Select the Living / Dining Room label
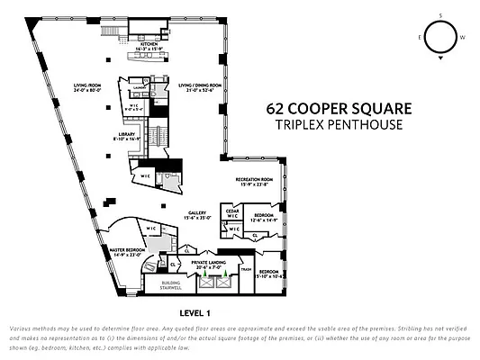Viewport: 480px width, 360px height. pyautogui.click(x=195, y=87)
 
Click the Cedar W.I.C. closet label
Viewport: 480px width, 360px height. pyautogui.click(x=231, y=213)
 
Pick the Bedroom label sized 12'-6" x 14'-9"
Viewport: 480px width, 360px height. pyautogui.click(x=264, y=218)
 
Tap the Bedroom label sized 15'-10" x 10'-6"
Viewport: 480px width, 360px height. pyautogui.click(x=269, y=273)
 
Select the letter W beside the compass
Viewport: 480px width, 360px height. pyautogui.click(x=464, y=38)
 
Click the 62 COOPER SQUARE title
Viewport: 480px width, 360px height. pyautogui.click(x=339, y=108)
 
